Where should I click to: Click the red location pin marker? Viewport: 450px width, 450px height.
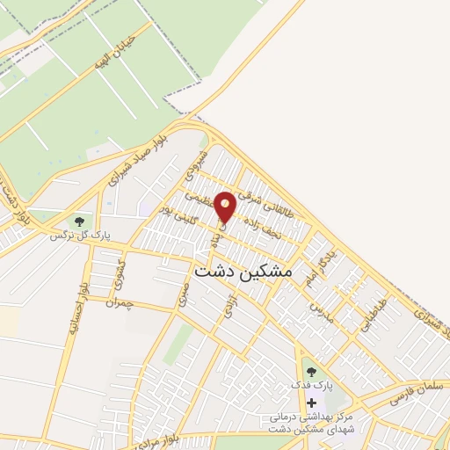coord(225,207)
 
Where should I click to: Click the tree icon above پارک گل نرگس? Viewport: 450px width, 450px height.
coord(80,221)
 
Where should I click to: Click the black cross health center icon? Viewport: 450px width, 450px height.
coord(310,403)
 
